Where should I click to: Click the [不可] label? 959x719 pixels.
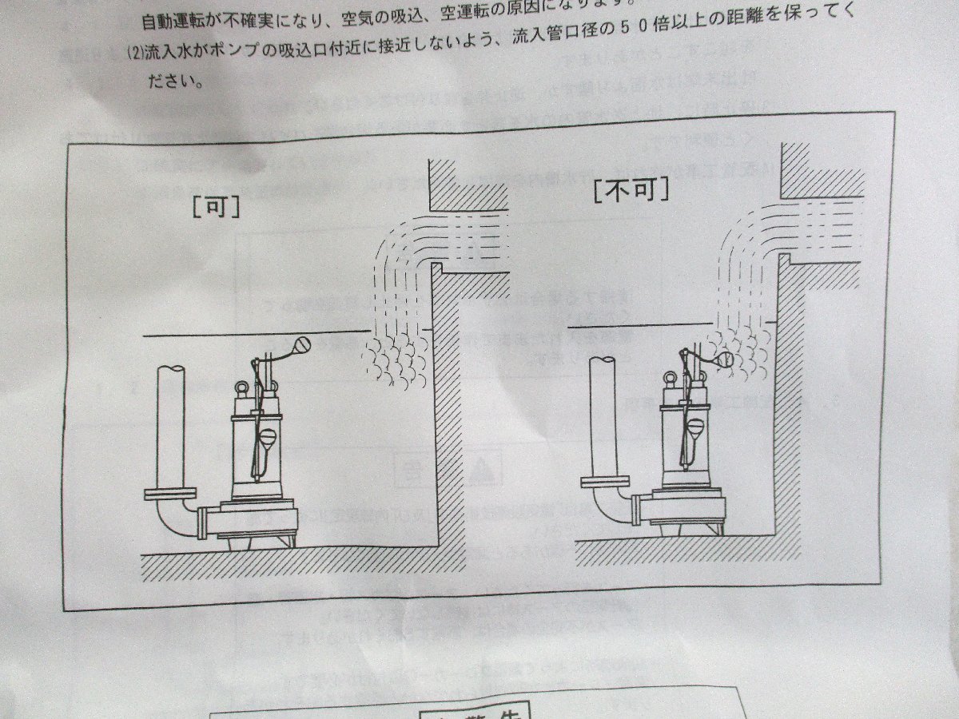pyautogui.click(x=631, y=189)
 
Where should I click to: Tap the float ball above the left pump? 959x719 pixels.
pyautogui.click(x=302, y=345)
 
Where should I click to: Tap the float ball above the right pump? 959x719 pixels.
pyautogui.click(x=726, y=361)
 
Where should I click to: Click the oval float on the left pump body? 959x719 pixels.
pyautogui.click(x=269, y=439)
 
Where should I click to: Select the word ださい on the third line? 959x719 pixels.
pyautogui.click(x=173, y=81)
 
